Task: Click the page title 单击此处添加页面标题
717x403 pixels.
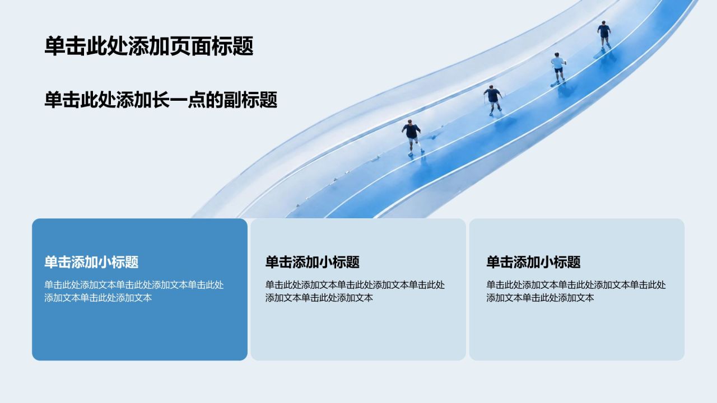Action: click(x=149, y=46)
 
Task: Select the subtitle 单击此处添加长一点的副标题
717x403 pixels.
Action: click(x=161, y=100)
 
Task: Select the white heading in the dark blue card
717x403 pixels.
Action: click(x=91, y=262)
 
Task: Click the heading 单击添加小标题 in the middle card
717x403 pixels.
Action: click(x=313, y=262)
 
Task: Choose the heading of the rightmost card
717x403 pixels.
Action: click(x=534, y=262)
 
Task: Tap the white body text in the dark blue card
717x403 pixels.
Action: click(x=134, y=291)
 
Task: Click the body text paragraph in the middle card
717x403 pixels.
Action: click(x=355, y=291)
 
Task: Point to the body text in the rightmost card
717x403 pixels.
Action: click(x=576, y=291)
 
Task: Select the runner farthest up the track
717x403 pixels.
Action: click(x=604, y=35)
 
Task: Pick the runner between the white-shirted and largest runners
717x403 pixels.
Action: click(x=493, y=100)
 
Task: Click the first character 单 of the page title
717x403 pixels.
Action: click(x=55, y=46)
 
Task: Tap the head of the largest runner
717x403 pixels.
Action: click(x=409, y=122)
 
